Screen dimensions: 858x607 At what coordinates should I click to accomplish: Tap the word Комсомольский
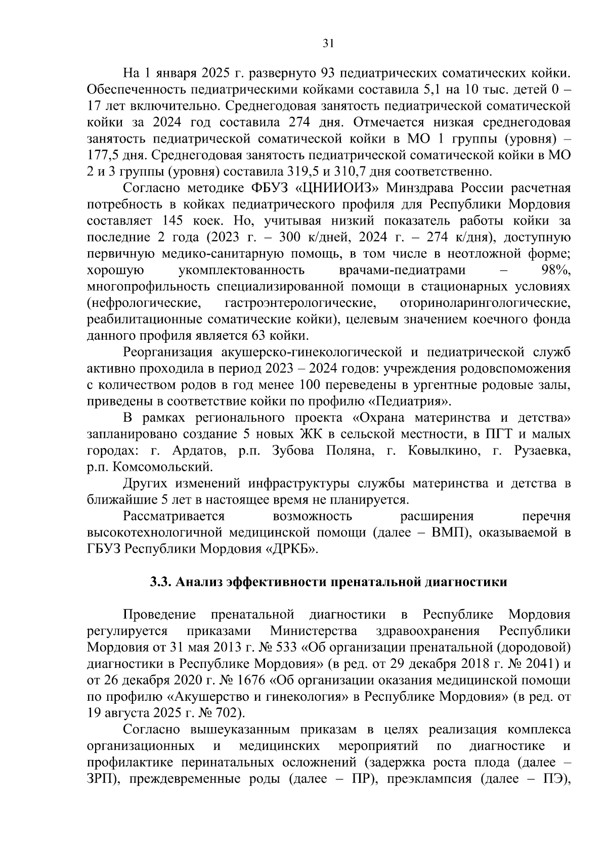(162, 467)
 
